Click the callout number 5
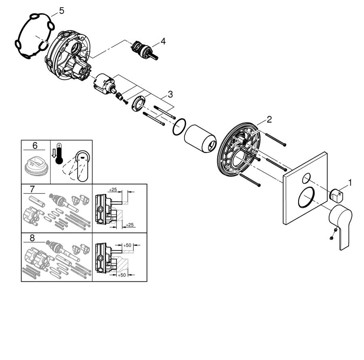pyautogui.click(x=61, y=11)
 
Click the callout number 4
pyautogui.click(x=163, y=42)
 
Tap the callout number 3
pyautogui.click(x=170, y=95)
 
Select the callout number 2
pyautogui.click(x=269, y=120)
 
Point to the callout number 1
pyautogui.click(x=350, y=183)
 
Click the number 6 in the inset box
pyautogui.click(x=35, y=146)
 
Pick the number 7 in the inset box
pyautogui.click(x=32, y=189)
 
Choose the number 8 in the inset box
pyautogui.click(x=32, y=238)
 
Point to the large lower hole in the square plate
pyautogui.click(x=307, y=197)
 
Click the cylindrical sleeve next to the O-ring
pyautogui.click(x=200, y=139)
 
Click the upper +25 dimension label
pyautogui.click(x=113, y=190)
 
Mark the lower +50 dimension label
pyautogui.click(x=121, y=275)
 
